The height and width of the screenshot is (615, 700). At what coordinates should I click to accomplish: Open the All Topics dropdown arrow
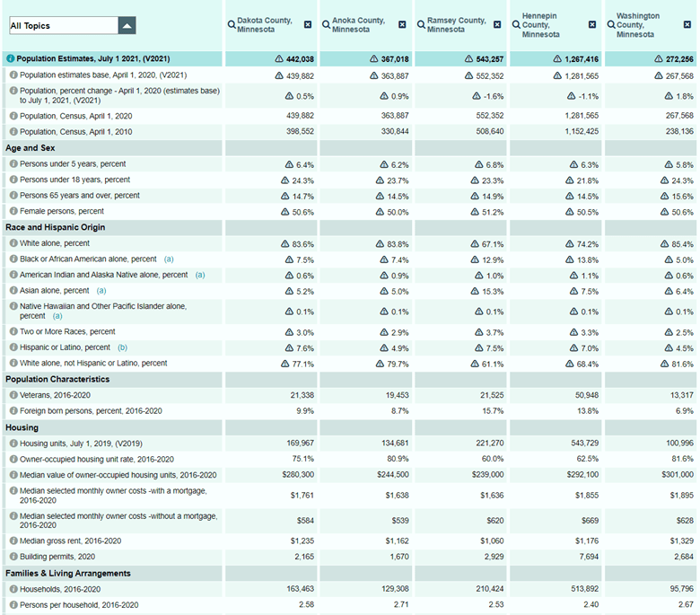[127, 26]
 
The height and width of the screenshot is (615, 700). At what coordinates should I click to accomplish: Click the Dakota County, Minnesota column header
[266, 24]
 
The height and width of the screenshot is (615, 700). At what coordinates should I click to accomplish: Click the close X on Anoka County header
[402, 24]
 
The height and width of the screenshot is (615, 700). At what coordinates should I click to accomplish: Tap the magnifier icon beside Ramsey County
[421, 24]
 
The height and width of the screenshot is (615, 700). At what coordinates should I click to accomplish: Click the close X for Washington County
[687, 24]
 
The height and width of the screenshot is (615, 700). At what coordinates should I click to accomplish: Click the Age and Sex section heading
[31, 148]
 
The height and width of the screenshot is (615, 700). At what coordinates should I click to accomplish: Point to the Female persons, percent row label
[62, 211]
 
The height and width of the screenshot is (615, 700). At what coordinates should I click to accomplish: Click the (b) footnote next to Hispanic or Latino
[122, 347]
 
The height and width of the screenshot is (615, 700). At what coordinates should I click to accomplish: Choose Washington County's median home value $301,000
[674, 474]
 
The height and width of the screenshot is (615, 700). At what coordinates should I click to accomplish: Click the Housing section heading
[22, 427]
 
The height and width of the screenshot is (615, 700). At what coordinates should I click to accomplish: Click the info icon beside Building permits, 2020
[13, 557]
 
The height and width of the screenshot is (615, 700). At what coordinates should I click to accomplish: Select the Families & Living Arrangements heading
[68, 573]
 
